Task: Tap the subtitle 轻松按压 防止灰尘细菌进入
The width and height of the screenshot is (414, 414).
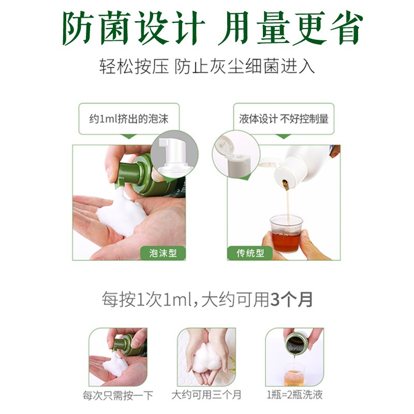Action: [x=207, y=66]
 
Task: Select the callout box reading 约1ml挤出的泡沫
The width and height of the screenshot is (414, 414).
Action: [x=129, y=119]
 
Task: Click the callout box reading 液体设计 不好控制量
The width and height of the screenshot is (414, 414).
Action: [x=284, y=119]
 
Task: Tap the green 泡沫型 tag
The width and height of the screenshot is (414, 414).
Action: [x=163, y=253]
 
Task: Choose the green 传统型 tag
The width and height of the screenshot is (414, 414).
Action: [x=250, y=253]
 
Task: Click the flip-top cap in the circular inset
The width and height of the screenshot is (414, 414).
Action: [x=232, y=156]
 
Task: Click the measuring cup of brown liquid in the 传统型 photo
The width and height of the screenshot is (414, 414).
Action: [x=286, y=234]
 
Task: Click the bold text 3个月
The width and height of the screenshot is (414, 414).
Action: [x=292, y=300]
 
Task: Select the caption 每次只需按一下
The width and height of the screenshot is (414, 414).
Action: [x=118, y=395]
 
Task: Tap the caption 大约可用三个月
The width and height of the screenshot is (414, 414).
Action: [x=206, y=395]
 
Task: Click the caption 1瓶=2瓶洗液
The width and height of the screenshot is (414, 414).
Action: [x=294, y=395]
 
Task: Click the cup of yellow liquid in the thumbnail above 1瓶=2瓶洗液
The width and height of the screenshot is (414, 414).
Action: [x=294, y=374]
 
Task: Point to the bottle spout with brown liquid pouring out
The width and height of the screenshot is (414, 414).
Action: [x=286, y=184]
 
